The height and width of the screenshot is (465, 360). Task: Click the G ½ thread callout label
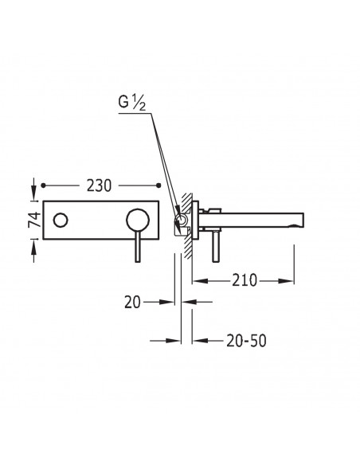pos(132,103)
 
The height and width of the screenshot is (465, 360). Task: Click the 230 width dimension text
pos(99,186)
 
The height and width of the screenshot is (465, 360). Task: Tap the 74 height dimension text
pos(35,220)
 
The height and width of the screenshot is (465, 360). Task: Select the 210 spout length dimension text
pos(245,280)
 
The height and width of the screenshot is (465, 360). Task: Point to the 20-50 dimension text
pos(246,341)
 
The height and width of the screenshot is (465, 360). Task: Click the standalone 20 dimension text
pos(132,303)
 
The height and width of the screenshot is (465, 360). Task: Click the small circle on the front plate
pos(61,221)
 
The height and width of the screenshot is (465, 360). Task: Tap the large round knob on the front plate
pos(138,221)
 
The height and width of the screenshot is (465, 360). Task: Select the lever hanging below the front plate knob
pos(138,247)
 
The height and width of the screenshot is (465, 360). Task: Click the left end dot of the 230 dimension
pos(43,186)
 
